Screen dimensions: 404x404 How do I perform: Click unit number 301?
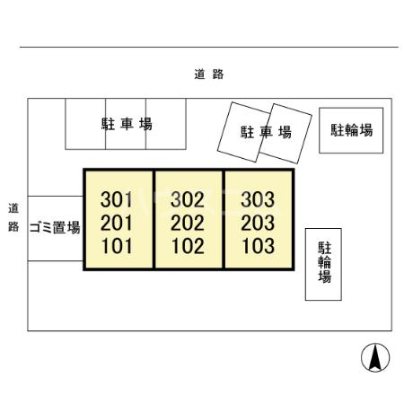pos(117,199)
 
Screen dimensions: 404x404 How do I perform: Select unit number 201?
pos(117,223)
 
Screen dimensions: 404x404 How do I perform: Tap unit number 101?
pos(117,246)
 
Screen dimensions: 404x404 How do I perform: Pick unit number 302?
pos(188,199)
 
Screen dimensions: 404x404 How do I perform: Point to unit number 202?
pos(188,223)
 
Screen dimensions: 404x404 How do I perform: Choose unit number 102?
pos(188,246)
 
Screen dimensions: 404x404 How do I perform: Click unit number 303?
pos(258,199)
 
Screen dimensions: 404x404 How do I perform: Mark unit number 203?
pos(258,223)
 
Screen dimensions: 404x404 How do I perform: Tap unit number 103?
pos(259,246)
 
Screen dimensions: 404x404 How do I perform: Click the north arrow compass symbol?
pos(375,357)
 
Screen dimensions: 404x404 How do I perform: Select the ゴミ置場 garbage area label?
pos(55,227)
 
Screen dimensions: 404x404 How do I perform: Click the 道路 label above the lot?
pos(209,75)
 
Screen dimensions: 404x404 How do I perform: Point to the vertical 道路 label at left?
pos(13,217)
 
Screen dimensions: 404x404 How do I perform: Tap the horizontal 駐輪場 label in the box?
pos(352,130)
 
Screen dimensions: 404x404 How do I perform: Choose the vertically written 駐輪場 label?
pos(325,262)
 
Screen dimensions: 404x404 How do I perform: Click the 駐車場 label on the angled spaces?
pos(266,132)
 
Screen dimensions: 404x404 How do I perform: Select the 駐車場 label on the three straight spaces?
pos(127,124)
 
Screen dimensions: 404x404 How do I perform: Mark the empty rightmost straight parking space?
pos(166,124)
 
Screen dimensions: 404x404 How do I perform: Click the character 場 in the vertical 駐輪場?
pos(325,277)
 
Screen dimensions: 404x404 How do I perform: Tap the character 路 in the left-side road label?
pos(13,227)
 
